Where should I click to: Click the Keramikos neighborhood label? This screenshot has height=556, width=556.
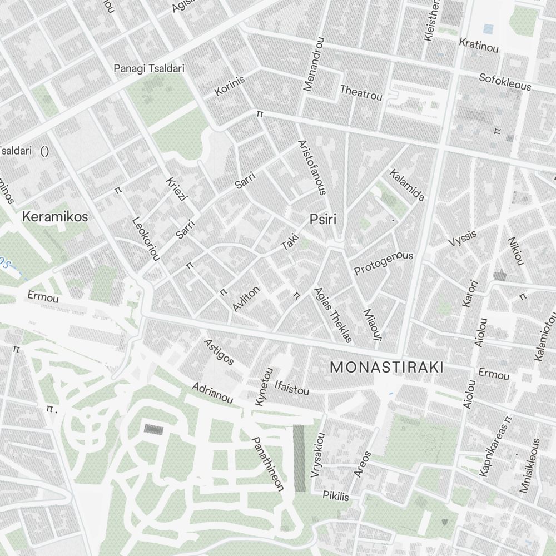click(55, 217)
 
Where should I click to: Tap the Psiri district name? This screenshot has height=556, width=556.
click(323, 219)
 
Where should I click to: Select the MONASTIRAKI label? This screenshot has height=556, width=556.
click(386, 368)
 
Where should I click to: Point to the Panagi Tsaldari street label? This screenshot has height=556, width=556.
click(149, 68)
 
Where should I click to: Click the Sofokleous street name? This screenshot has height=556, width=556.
click(505, 82)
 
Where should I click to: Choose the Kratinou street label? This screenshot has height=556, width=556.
click(479, 46)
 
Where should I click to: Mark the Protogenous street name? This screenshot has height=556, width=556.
click(384, 262)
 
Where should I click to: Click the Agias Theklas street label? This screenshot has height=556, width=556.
click(333, 315)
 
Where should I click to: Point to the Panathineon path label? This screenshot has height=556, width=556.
click(268, 464)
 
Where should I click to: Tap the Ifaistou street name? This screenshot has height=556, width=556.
click(291, 387)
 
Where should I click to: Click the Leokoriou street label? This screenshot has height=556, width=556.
click(146, 238)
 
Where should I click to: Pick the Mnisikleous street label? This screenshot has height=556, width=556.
click(530, 466)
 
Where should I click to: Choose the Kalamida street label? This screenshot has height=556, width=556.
click(407, 185)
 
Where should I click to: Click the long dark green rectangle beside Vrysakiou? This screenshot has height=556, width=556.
click(299, 458)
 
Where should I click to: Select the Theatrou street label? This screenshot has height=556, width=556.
click(361, 92)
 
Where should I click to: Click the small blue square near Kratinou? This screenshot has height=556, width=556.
click(488, 29)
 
